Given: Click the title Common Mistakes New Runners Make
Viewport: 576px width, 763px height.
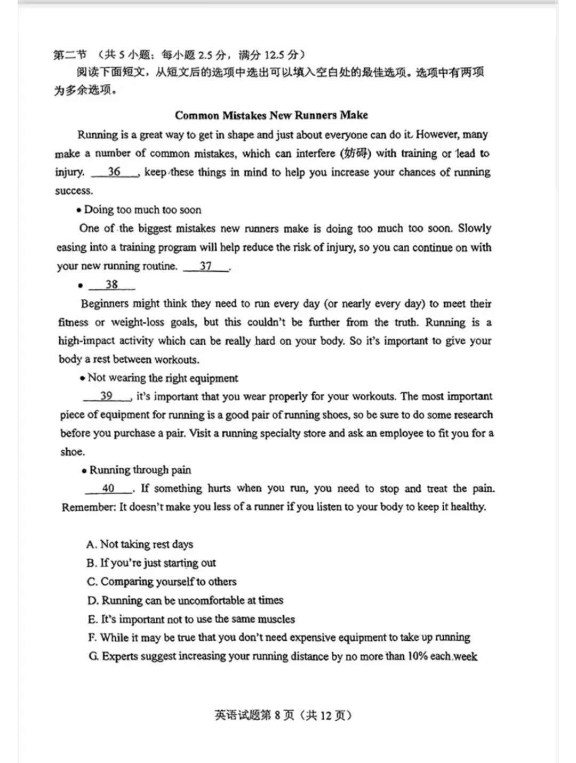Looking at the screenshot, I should (x=271, y=115).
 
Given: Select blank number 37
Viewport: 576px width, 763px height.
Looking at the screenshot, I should (x=206, y=266).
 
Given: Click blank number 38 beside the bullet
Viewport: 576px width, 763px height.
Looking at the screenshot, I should (x=111, y=284).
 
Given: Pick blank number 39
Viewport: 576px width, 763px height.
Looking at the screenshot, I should (x=107, y=396).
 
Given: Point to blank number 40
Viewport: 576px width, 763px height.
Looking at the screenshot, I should (x=108, y=488).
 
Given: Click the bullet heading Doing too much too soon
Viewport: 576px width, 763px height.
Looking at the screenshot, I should (x=142, y=210).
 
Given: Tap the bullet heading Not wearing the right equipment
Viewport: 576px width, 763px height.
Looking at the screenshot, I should (x=163, y=378).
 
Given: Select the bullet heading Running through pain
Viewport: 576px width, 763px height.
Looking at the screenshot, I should (x=140, y=470).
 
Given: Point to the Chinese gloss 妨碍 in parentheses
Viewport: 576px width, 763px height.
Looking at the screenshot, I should (x=356, y=154).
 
